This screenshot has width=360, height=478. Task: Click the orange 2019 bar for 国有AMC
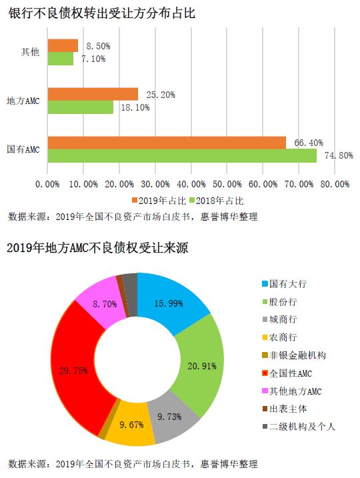click(167, 143)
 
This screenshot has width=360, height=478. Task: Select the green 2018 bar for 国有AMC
click(182, 156)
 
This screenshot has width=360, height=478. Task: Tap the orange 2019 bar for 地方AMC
click(93, 94)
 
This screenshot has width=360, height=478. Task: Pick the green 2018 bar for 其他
click(61, 59)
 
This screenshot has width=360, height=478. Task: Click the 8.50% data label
click(98, 46)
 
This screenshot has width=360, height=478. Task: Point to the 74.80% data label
click(339, 155)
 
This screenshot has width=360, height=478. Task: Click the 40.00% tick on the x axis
click(191, 184)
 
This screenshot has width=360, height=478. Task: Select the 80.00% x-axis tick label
click(335, 184)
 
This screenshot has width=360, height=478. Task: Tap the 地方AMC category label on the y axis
click(23, 101)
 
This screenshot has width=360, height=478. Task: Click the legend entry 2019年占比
click(159, 201)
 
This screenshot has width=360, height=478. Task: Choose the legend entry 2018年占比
click(217, 201)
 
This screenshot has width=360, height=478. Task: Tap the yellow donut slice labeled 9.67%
click(131, 425)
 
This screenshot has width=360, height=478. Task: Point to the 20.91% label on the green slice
click(202, 366)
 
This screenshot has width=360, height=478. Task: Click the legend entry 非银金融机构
click(294, 355)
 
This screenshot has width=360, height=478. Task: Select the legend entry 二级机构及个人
click(299, 426)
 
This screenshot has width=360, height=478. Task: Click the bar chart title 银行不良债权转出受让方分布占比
click(101, 13)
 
